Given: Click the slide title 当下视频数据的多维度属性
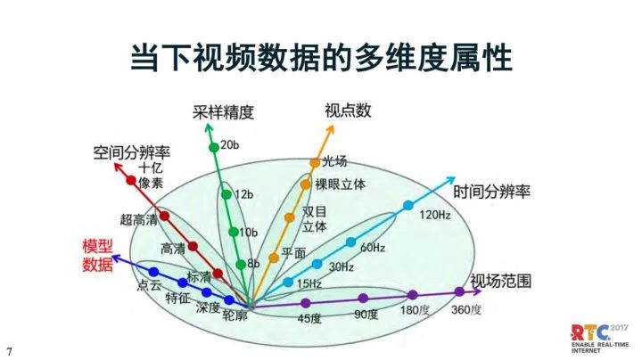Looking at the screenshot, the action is [x=321, y=58].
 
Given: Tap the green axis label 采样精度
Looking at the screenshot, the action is [x=223, y=112].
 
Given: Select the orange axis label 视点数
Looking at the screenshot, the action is [x=348, y=110].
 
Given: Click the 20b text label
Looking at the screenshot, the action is [x=230, y=144].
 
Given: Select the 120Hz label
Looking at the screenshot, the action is [x=436, y=215].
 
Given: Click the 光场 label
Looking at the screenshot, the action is [x=333, y=161].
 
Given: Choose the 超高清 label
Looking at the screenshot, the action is [x=138, y=218].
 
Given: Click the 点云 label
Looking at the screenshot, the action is [x=150, y=286].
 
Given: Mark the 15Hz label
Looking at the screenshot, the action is [x=309, y=284].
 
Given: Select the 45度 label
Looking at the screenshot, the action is [x=309, y=317].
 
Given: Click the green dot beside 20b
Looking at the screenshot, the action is [x=213, y=146].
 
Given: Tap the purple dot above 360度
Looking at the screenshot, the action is [x=459, y=291].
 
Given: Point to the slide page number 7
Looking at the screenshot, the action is [x=10, y=349].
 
